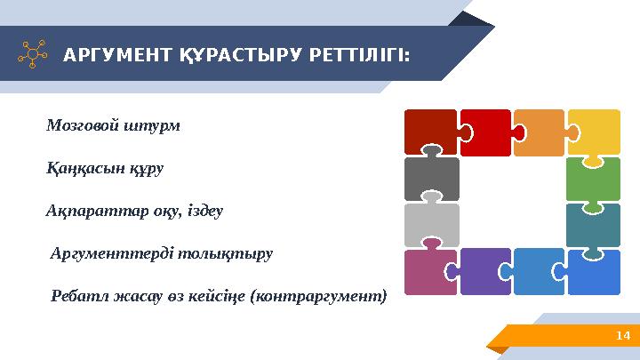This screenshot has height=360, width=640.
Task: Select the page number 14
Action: point(622,335)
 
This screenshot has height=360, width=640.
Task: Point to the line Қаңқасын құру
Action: point(104,168)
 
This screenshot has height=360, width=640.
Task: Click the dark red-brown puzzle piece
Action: point(429,131)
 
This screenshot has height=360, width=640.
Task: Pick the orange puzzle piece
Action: point(539,131)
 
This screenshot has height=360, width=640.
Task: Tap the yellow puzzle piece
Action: point(594,132)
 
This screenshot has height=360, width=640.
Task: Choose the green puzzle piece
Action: point(594,178)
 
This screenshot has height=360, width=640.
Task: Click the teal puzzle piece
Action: point(594,224)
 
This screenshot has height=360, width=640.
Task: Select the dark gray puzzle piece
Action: point(431,178)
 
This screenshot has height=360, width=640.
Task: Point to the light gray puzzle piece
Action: point(431,224)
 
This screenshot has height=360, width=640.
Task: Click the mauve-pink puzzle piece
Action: point(429,271)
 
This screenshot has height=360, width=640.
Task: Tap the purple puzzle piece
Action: point(484,271)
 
